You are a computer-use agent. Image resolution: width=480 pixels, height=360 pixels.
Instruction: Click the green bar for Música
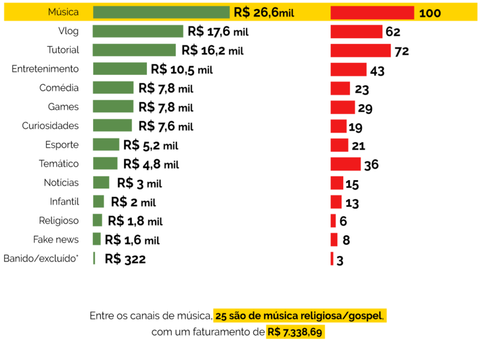161,13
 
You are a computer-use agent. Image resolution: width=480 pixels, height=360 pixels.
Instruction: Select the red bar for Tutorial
361,50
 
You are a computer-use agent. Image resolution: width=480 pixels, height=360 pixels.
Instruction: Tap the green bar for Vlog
138,31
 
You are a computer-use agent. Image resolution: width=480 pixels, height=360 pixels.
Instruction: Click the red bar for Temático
346,164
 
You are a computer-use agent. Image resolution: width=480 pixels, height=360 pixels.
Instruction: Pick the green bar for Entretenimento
120,69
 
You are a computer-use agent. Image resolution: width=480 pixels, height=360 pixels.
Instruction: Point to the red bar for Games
343,107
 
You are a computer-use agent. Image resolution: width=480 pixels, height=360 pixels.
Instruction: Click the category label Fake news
56,239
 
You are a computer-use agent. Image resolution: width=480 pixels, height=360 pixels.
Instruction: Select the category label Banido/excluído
41,259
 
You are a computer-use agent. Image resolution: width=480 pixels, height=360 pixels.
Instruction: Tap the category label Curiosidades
50,126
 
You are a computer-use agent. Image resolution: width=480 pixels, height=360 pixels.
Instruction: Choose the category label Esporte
62,145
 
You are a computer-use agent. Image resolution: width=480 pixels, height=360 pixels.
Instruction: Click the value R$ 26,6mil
264,13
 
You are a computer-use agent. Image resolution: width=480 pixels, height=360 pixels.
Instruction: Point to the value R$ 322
125,259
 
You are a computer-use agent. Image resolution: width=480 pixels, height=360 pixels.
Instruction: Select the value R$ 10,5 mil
182,70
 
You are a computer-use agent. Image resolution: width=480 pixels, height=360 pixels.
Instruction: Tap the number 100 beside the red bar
430,13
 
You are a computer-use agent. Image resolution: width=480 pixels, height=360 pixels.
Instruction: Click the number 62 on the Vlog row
393,32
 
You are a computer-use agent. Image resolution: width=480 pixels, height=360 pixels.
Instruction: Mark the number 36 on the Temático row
371,165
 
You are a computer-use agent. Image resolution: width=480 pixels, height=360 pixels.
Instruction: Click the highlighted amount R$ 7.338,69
296,332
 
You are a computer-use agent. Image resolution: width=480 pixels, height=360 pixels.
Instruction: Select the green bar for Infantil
98,202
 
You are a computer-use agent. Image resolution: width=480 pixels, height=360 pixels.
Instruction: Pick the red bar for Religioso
333,220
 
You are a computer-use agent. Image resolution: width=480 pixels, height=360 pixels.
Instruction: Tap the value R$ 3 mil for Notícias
139,183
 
